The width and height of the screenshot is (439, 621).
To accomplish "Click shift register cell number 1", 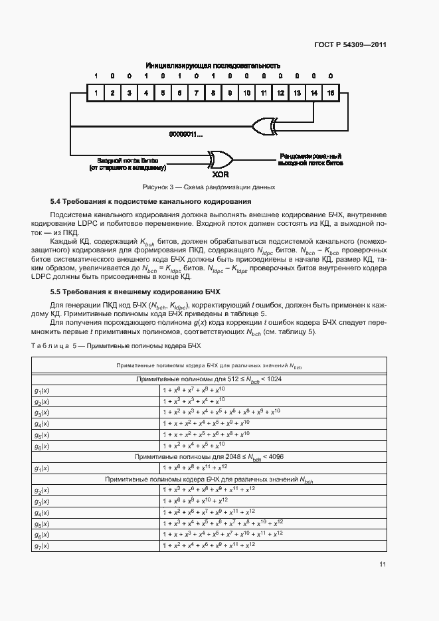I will coord(96,94).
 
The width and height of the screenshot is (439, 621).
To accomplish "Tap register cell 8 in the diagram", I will coord(213,94).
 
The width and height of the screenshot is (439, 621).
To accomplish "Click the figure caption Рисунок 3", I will coord(213,187).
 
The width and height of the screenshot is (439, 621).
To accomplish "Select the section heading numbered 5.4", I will coord(151,201).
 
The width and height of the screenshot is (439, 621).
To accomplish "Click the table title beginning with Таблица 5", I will coord(116,346).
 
